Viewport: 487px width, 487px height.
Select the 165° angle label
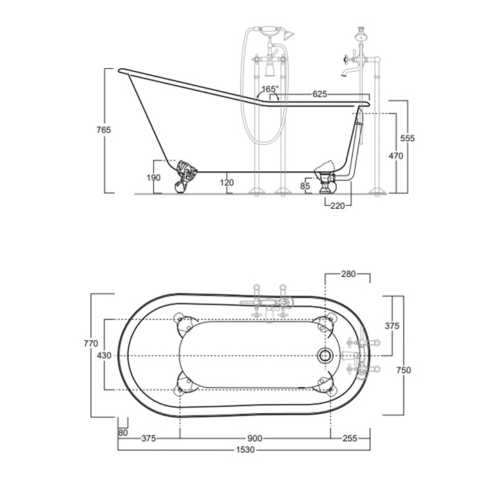click(270, 89)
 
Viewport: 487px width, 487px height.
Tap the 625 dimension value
click(319, 93)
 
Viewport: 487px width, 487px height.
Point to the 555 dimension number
click(407, 138)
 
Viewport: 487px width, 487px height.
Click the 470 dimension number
click(394, 156)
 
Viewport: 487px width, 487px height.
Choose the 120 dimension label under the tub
click(226, 183)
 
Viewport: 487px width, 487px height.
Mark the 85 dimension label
click(305, 186)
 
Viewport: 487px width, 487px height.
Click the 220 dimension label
click(338, 205)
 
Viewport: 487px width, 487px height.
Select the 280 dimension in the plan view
click(349, 274)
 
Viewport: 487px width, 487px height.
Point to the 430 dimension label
click(103, 355)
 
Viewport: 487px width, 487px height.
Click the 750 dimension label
click(403, 370)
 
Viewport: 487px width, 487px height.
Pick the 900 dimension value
click(255, 438)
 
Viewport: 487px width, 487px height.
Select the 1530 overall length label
click(244, 450)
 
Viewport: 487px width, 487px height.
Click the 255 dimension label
click(350, 438)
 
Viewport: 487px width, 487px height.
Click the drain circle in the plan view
click(323, 354)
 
